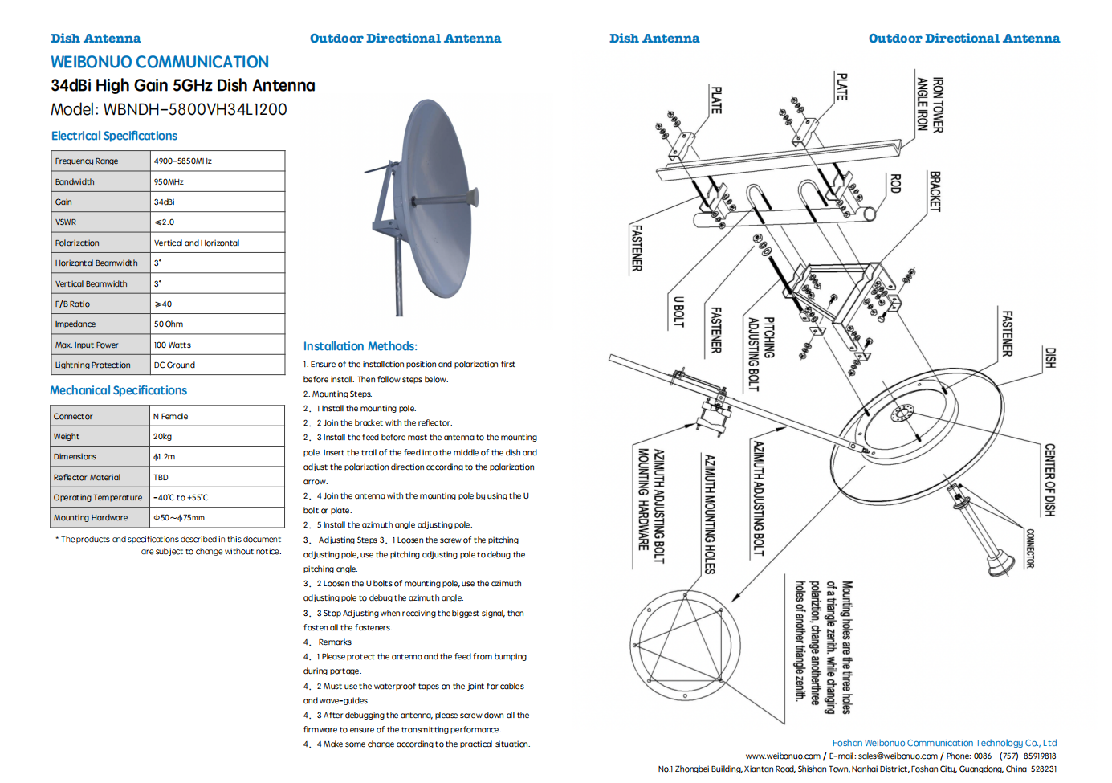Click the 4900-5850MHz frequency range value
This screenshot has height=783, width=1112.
coord(183,161)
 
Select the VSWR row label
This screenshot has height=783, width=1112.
coord(66,222)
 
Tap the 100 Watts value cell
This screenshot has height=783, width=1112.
coord(173,345)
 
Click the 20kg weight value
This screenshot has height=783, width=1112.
coord(163,437)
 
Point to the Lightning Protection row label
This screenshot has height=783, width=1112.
coord(92,365)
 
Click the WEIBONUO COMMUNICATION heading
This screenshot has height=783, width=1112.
coord(160,62)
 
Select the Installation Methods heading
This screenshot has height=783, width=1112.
coord(360,346)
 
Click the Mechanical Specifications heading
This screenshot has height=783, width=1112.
coord(118,390)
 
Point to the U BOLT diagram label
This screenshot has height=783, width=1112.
coord(678,312)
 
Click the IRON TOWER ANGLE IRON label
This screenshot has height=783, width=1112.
coord(930,104)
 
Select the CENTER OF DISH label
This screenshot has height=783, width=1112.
coord(1049,479)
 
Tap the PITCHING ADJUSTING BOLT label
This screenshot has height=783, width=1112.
coord(760,353)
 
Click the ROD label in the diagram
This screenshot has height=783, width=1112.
coord(895,183)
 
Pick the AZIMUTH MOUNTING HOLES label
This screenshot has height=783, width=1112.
coord(709,514)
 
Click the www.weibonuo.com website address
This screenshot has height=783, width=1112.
coord(783,756)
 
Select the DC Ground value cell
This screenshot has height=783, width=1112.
coord(174,365)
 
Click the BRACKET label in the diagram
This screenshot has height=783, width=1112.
coord(935,191)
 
